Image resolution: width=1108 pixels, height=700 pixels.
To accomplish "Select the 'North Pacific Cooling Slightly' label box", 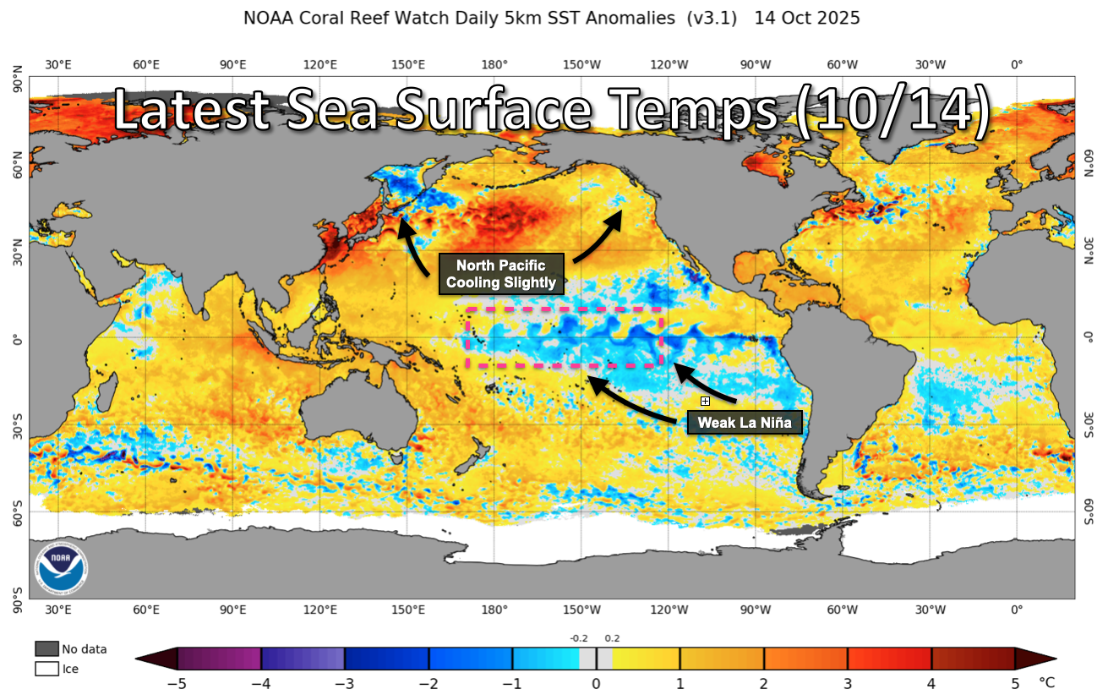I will click(501, 274).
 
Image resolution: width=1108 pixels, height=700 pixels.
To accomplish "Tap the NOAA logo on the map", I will click(62, 566).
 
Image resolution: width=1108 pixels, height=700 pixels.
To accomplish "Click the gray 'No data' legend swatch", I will click(47, 648).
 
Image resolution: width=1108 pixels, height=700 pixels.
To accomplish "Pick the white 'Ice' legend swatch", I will click(47, 669).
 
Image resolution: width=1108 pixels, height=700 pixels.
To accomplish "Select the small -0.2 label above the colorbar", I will click(579, 639).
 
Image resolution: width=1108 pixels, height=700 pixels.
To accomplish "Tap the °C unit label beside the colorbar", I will click(1046, 682).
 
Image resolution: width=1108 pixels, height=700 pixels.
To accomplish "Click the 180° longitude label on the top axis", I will click(494, 64).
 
